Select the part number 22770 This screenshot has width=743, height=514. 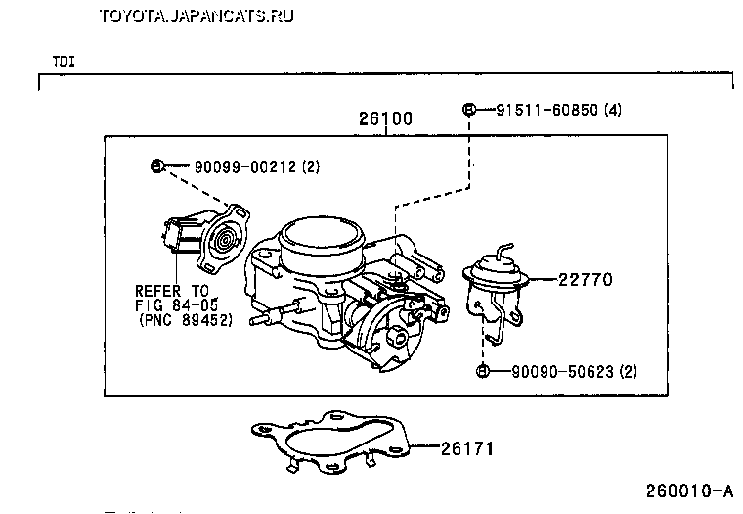pyautogui.click(x=584, y=279)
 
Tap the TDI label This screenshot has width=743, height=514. pyautogui.click(x=64, y=61)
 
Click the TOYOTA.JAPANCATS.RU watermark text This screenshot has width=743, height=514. pyautogui.click(x=197, y=15)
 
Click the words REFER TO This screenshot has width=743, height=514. pyautogui.click(x=172, y=291)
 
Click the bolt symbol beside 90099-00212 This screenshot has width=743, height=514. pyautogui.click(x=156, y=165)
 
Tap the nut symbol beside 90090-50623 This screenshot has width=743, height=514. pyautogui.click(x=483, y=371)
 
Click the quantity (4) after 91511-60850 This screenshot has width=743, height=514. pyautogui.click(x=613, y=109)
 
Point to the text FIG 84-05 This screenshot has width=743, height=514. pyautogui.click(x=177, y=304)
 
